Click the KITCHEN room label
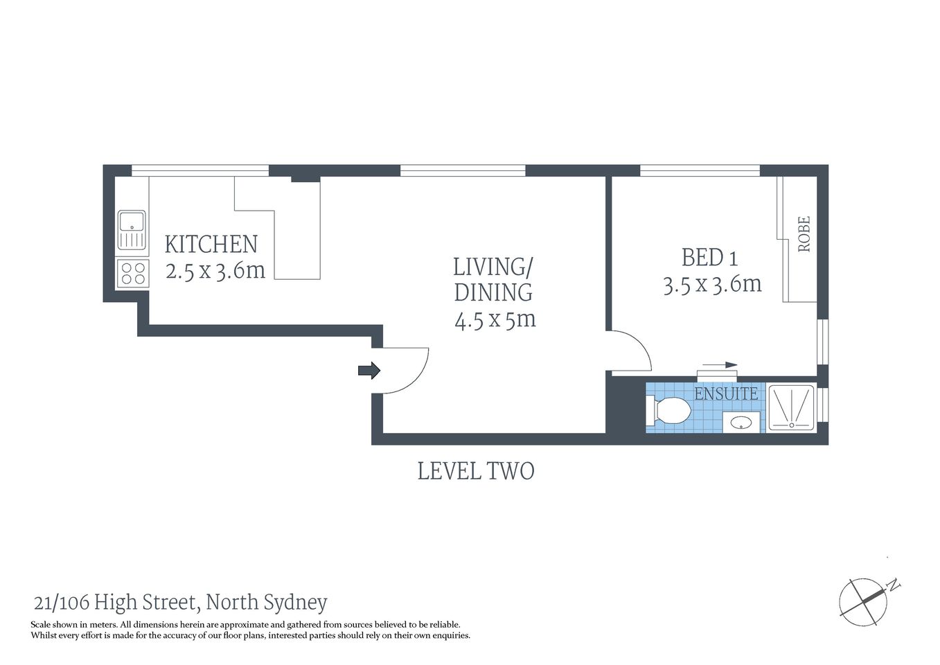point(211,245)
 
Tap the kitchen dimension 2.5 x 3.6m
point(215,270)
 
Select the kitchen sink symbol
point(132,229)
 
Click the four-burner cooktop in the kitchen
point(132,273)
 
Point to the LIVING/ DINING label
point(493,279)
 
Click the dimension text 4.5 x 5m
point(495,319)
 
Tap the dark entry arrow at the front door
point(369,371)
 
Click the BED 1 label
point(709,258)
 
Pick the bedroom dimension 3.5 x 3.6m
point(712,284)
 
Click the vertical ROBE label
point(804,234)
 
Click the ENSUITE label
point(726,393)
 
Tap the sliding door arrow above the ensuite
point(721,364)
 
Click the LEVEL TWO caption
point(476,471)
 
